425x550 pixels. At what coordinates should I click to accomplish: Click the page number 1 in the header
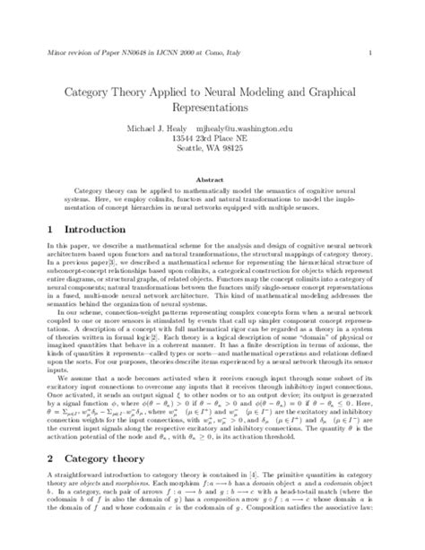tap(370, 53)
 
